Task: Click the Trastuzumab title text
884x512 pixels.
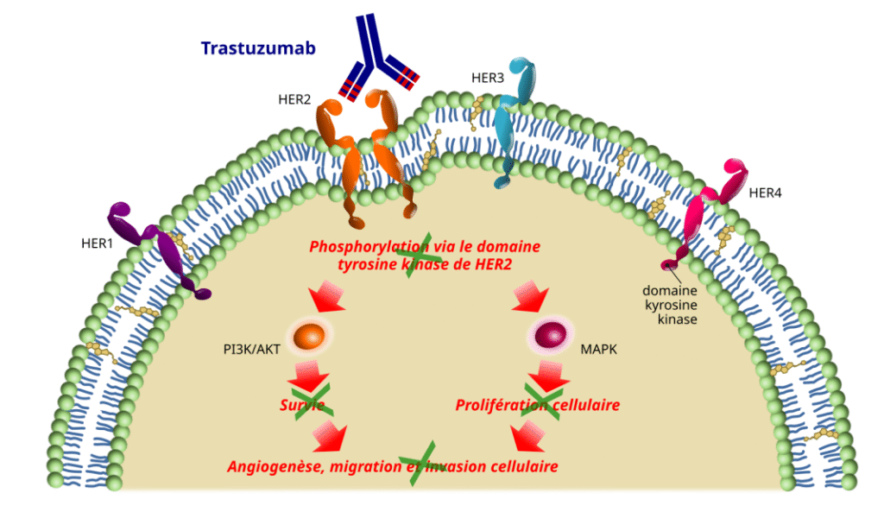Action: [x=257, y=48]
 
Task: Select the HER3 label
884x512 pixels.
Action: [x=488, y=78]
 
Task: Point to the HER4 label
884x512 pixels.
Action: [x=765, y=193]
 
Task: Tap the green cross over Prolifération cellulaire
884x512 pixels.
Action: [x=544, y=403]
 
